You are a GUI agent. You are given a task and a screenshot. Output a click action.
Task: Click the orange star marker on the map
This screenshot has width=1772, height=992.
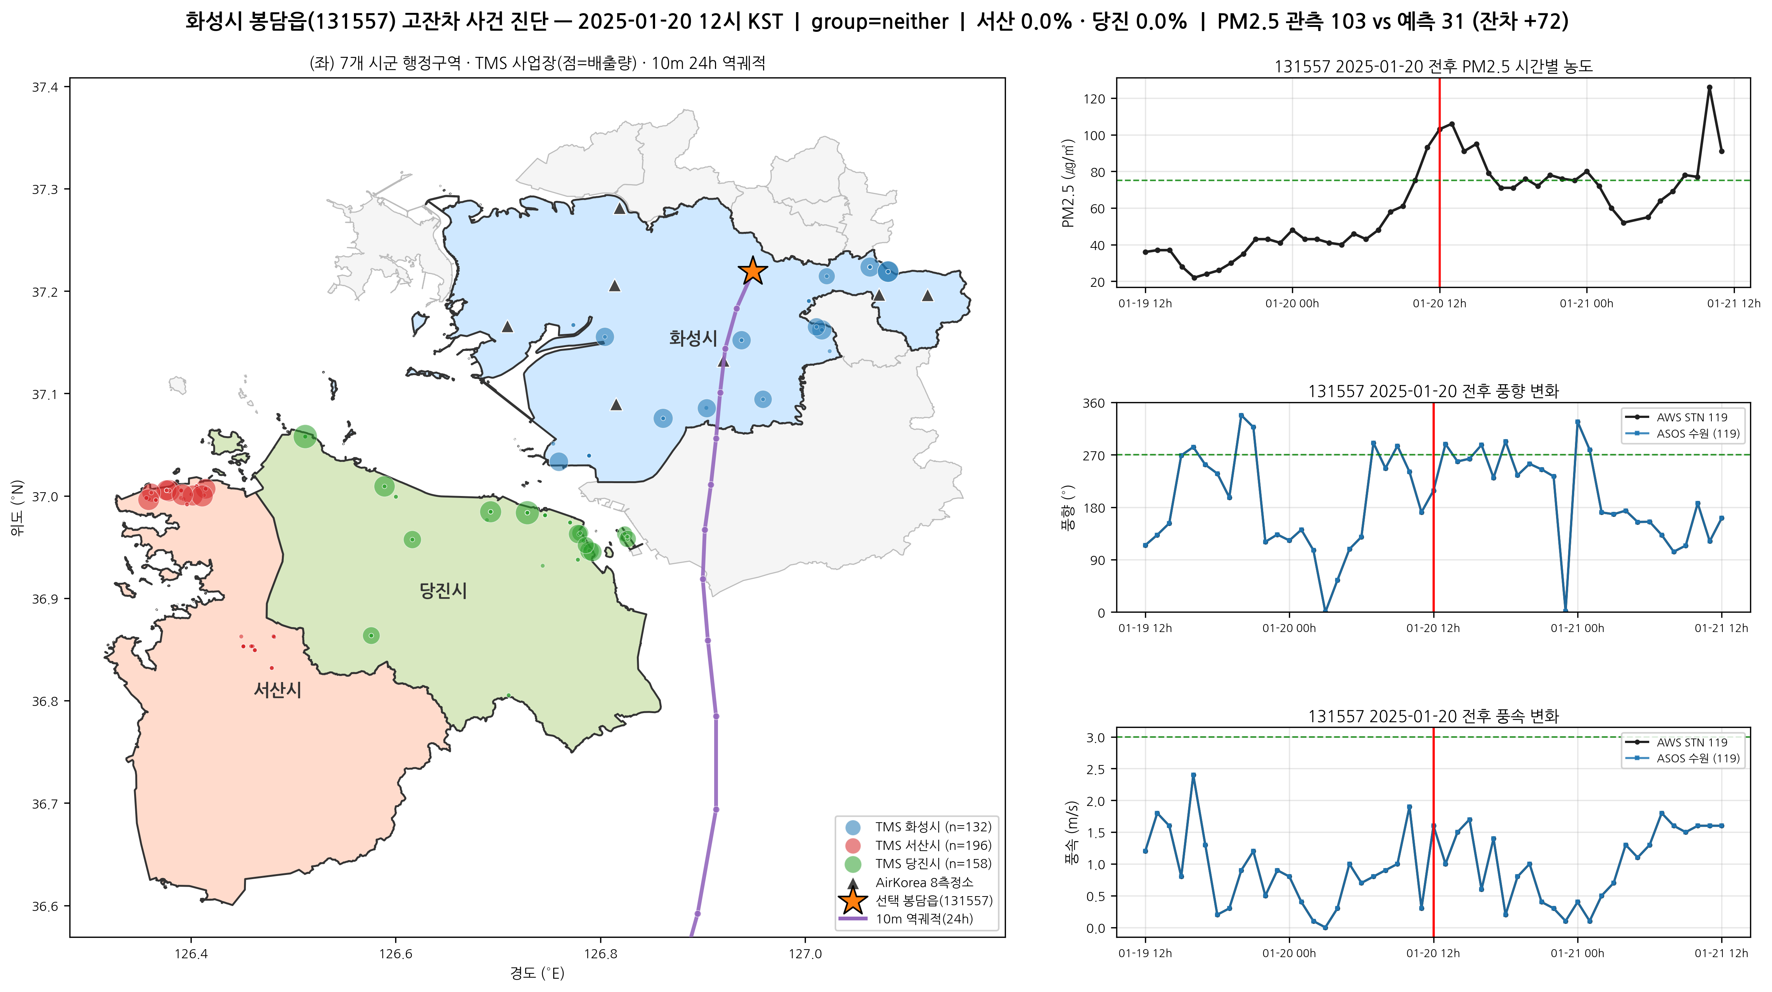click(752, 271)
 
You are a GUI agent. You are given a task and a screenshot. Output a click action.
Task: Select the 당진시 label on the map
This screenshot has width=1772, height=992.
click(443, 590)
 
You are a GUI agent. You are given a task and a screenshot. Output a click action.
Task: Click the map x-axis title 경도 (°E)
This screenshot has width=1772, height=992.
click(537, 973)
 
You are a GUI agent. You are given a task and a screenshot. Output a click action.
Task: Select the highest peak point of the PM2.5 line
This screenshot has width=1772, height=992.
click(1709, 88)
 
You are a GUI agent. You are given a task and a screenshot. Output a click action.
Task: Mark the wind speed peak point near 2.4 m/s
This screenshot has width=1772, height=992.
click(1193, 775)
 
